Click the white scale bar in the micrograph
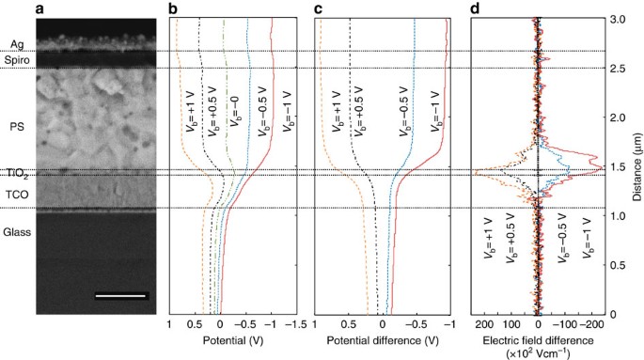[121, 296]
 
